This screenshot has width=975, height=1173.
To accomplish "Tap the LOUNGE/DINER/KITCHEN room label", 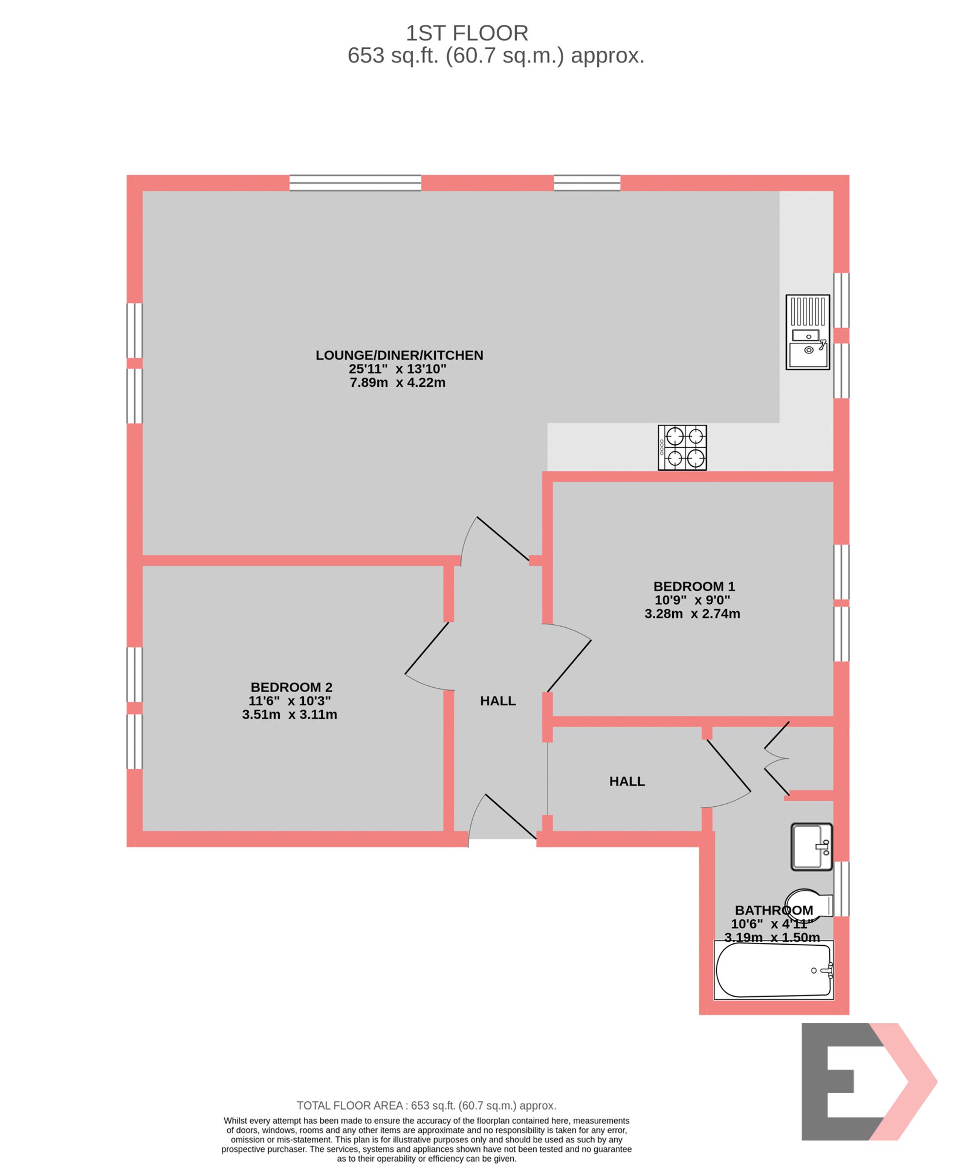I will (x=399, y=355).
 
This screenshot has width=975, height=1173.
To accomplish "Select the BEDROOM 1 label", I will (x=694, y=586).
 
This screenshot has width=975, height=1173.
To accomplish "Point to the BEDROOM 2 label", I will (x=291, y=687).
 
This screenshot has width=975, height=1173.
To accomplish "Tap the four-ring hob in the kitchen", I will (x=682, y=447).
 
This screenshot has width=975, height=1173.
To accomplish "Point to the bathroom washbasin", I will (x=811, y=846).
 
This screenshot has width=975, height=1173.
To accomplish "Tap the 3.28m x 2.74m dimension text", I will (x=692, y=614).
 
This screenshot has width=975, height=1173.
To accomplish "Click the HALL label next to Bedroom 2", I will (x=498, y=701).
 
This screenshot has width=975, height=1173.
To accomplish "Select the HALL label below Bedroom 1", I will (x=626, y=781).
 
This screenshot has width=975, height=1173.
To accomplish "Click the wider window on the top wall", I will (x=355, y=182).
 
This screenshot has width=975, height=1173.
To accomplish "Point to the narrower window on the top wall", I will (x=586, y=182).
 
